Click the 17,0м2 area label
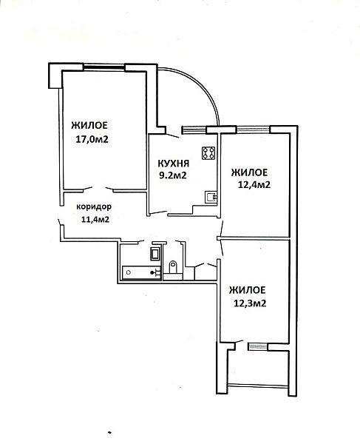click(x=92, y=139)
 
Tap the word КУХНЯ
click(x=173, y=164)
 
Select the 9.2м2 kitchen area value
click(x=173, y=175)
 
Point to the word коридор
click(x=94, y=207)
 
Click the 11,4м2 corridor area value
click(x=95, y=219)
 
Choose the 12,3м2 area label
click(x=250, y=303)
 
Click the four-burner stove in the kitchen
click(x=208, y=153)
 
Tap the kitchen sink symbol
click(x=211, y=197)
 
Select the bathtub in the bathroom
click(x=142, y=272)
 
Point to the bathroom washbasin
click(x=155, y=253)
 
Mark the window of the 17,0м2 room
click(x=104, y=67)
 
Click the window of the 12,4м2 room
click(x=254, y=129)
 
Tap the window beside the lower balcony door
click(x=258, y=346)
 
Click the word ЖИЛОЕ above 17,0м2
click(x=89, y=125)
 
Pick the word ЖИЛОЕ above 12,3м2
click(x=248, y=290)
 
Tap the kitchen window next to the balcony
click(x=194, y=129)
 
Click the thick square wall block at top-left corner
click(x=55, y=75)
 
